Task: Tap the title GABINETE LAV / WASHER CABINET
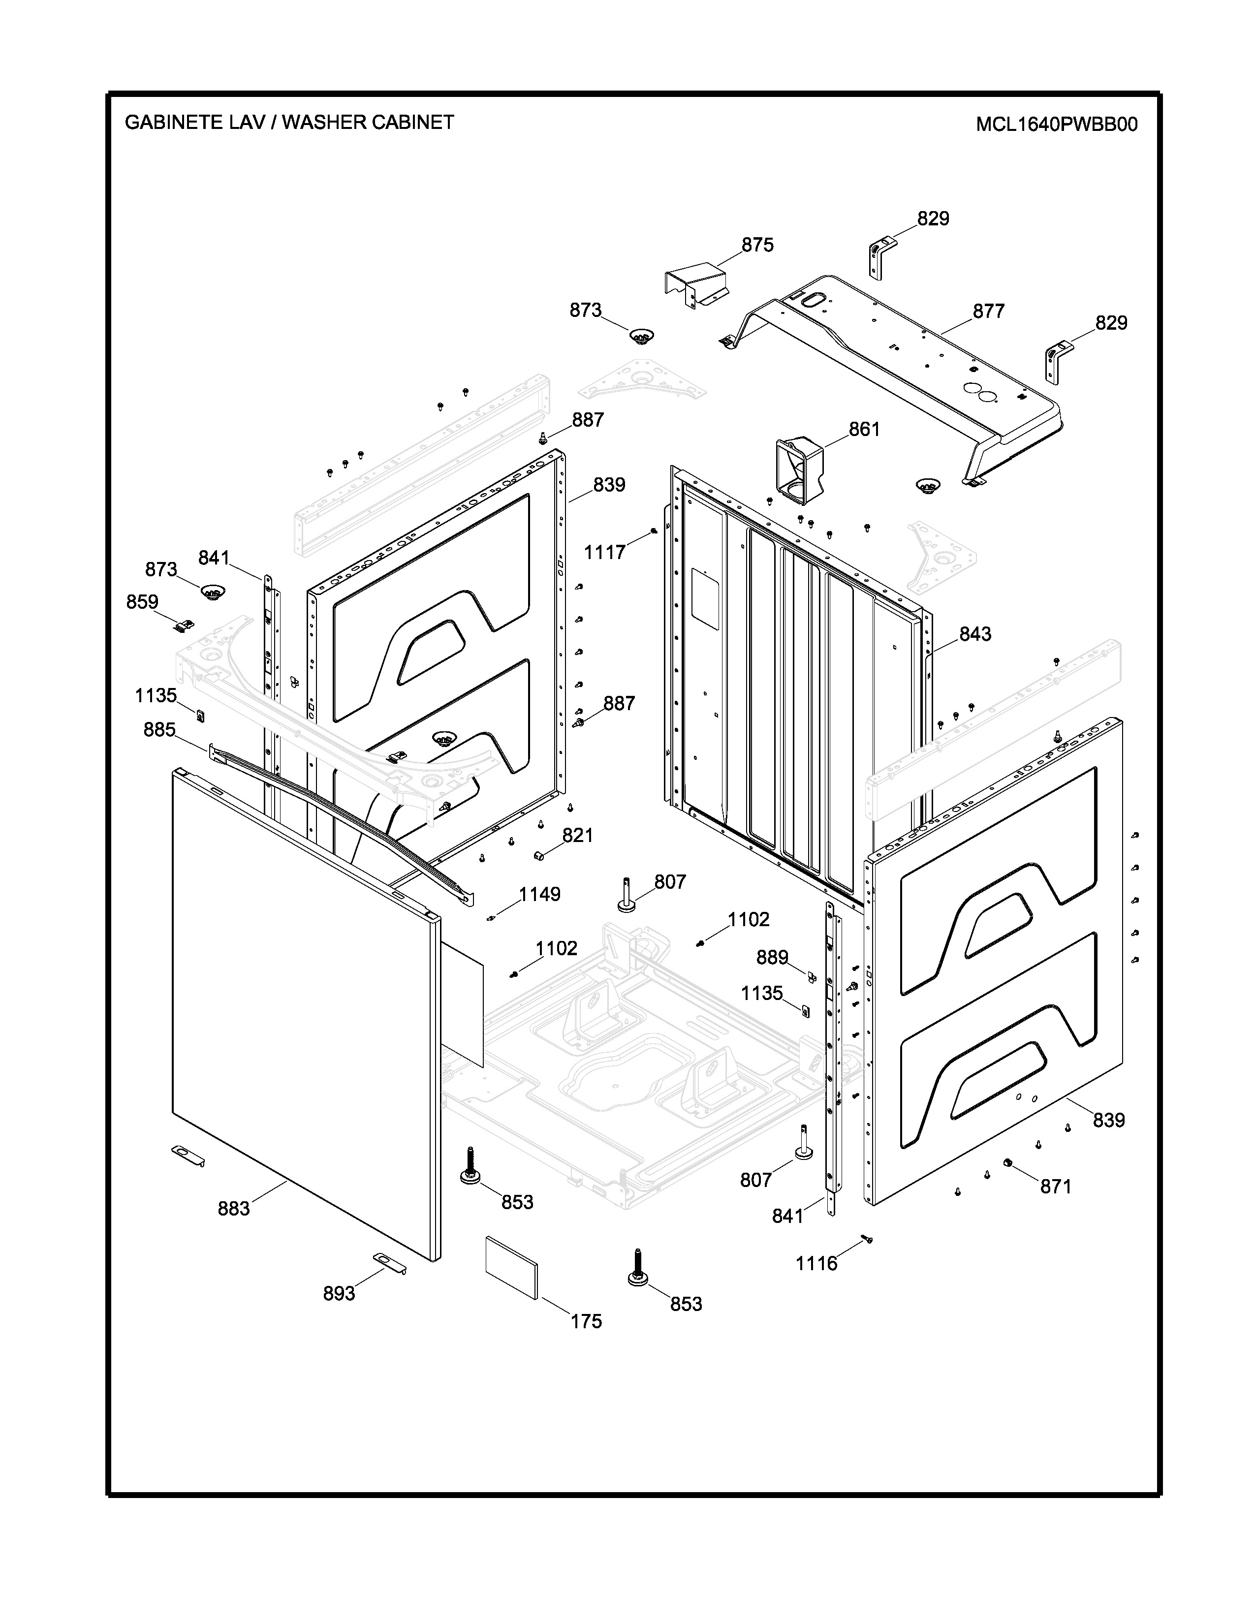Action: pos(289,122)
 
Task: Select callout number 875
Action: pos(757,245)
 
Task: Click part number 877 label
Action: pos(988,312)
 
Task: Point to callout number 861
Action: pos(864,429)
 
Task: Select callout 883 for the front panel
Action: pos(233,1209)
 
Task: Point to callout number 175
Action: pos(586,1321)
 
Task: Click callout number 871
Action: pos(1055,1187)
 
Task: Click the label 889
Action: pos(772,957)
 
